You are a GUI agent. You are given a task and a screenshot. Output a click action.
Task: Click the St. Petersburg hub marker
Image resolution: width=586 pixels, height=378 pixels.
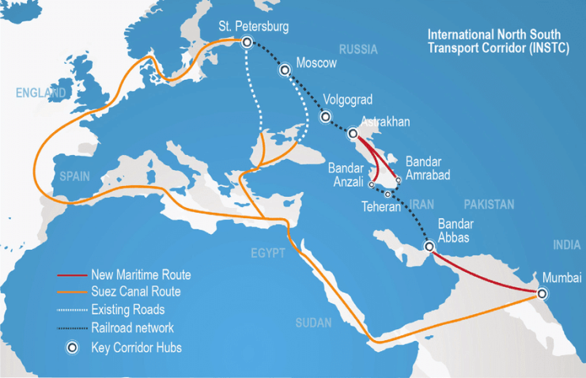point(247,43)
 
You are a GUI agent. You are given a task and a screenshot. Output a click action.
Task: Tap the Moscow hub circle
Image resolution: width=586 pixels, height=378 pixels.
point(285,70)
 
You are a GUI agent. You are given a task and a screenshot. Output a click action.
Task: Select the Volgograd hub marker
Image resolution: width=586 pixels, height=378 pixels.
point(325,116)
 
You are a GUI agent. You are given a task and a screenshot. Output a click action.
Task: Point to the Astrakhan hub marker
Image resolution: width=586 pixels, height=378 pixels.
point(352,134)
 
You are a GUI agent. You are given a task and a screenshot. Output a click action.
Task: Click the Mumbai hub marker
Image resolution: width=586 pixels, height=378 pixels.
point(542,293)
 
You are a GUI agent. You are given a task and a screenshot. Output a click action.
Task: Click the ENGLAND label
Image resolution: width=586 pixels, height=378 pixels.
point(41,93)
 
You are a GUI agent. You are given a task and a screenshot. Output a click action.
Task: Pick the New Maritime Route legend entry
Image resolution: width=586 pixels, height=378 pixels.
point(142,275)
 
